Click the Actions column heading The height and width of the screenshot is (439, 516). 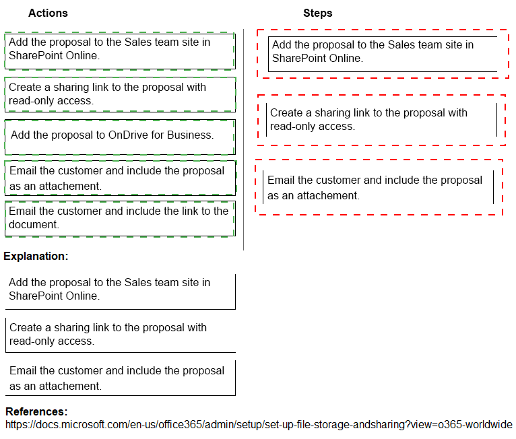click(x=48, y=13)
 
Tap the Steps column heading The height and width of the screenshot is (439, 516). click(x=317, y=13)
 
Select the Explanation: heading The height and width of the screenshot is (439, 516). click(x=36, y=256)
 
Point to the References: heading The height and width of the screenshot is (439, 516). click(x=36, y=411)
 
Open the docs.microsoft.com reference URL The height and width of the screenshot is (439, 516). click(x=259, y=424)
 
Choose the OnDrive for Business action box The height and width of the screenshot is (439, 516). click(x=120, y=137)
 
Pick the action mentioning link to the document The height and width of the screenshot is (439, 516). click(x=120, y=218)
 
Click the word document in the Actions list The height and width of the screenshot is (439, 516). click(x=33, y=225)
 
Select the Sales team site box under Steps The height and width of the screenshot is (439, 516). click(x=382, y=54)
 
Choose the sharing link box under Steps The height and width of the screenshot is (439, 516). click(x=381, y=120)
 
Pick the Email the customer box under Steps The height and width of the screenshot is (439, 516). click(x=378, y=187)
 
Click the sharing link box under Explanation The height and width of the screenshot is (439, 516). click(x=120, y=335)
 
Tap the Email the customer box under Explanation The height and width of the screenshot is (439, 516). click(x=120, y=378)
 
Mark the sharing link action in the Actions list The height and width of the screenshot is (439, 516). click(x=120, y=94)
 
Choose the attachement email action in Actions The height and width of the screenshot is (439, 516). click(x=120, y=178)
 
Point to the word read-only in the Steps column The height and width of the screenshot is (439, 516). click(x=295, y=127)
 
